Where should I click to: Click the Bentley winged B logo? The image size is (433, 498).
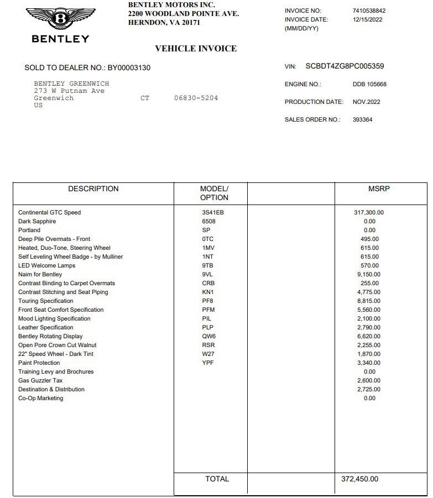[x=60, y=19]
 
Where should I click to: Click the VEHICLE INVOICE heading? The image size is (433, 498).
[x=195, y=49]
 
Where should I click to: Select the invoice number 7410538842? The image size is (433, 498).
[x=369, y=11]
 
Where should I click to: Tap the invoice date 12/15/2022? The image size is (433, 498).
[x=367, y=19]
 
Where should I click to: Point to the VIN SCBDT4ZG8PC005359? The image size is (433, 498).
[x=345, y=66]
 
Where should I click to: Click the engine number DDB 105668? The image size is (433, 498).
[x=369, y=85]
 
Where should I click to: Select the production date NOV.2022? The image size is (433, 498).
[x=366, y=102]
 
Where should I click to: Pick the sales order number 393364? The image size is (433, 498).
[x=362, y=119]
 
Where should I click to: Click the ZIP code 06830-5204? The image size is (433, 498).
[x=196, y=98]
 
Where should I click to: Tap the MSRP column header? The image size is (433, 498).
[x=379, y=189]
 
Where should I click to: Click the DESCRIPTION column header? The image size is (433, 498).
[x=93, y=189]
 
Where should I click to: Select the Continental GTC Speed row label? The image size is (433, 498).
[x=49, y=212]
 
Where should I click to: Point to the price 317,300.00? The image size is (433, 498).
[x=368, y=212]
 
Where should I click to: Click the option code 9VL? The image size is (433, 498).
[x=207, y=274]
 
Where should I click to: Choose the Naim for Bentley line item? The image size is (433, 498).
[x=40, y=274]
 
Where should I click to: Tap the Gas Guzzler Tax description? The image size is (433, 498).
[x=40, y=380]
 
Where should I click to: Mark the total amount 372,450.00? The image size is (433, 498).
[x=359, y=479]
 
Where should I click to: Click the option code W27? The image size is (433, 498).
[x=208, y=354]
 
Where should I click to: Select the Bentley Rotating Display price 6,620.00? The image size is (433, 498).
[x=368, y=336]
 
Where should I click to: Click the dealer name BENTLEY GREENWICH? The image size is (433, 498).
[x=71, y=83]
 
